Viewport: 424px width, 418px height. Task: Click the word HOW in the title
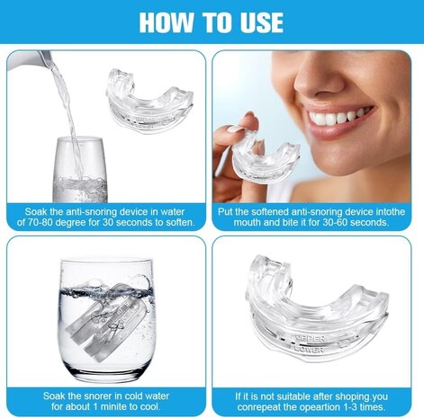coord(167,22)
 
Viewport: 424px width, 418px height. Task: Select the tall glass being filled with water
coord(80,170)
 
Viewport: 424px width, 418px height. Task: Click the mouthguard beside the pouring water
coord(149,101)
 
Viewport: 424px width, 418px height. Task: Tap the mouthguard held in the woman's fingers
coord(266,160)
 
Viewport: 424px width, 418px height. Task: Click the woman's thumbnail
coord(235,129)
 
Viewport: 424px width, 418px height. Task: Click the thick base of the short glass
coord(106,372)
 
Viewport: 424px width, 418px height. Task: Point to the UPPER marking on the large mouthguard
coord(310,339)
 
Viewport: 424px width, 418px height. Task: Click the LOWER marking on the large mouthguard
coord(309,349)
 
